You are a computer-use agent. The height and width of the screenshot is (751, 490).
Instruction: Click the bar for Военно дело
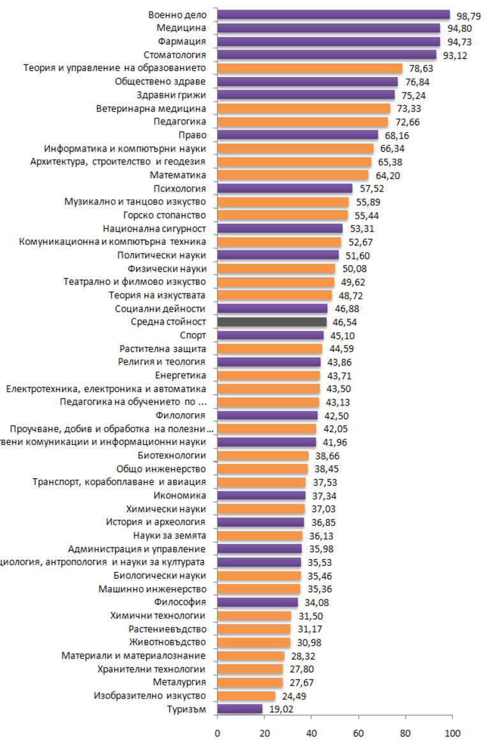point(333,15)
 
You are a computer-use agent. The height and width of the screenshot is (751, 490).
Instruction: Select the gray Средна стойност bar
point(272,322)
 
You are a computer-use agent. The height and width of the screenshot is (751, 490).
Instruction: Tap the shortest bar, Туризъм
point(239,709)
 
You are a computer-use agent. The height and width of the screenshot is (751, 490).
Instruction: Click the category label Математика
point(178,175)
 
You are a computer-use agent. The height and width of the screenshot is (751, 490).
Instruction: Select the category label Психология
point(180,189)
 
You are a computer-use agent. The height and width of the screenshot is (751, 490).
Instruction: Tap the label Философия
point(180,602)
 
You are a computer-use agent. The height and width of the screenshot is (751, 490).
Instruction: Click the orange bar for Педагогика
point(302,122)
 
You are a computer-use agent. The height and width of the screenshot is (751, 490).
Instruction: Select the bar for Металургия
point(249,682)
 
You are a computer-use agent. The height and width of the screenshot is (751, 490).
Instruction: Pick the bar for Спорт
point(270,335)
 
